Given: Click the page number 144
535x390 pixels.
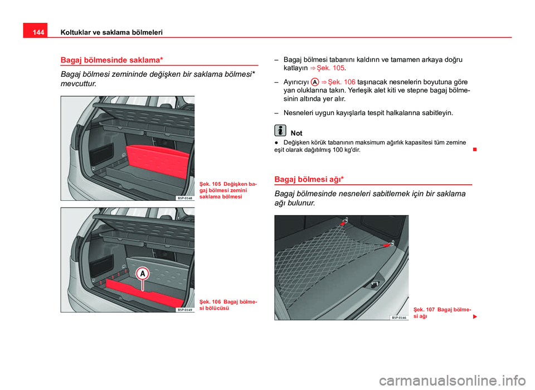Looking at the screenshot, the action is (x=38, y=32).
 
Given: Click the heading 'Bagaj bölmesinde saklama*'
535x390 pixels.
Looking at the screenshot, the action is (x=111, y=60).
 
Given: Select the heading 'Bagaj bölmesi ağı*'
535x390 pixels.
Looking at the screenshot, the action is (x=309, y=180).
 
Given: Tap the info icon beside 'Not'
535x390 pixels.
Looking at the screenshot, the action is (x=280, y=130).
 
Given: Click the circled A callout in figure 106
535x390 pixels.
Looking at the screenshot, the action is (x=142, y=274).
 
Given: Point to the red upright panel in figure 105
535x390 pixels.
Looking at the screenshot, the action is (x=158, y=161).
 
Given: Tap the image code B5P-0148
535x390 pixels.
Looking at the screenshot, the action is (x=185, y=198).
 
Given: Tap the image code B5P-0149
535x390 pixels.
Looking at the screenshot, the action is (x=185, y=310).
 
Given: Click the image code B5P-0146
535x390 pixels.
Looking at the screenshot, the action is (x=399, y=318).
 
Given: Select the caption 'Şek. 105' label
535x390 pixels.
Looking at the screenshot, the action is (x=210, y=184).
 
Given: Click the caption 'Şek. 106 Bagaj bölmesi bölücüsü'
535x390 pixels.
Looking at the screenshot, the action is (x=228, y=305).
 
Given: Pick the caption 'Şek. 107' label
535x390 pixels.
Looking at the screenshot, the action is (x=424, y=310).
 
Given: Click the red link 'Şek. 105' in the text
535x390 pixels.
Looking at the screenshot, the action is (x=330, y=68).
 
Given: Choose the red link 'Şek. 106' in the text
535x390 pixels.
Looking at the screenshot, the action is (x=342, y=82).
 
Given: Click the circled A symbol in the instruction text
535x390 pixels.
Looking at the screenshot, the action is (x=315, y=82).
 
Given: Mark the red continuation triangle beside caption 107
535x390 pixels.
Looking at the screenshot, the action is (x=475, y=317).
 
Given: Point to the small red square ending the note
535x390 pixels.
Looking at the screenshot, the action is (x=475, y=150).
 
